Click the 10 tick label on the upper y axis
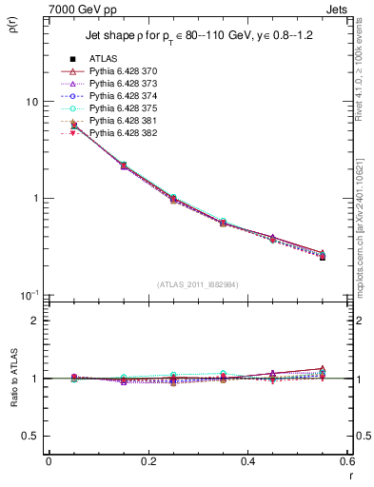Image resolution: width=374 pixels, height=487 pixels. click(31, 102)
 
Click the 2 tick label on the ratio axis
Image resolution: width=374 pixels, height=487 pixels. click(35, 321)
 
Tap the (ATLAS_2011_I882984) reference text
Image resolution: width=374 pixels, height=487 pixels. click(197, 284)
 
